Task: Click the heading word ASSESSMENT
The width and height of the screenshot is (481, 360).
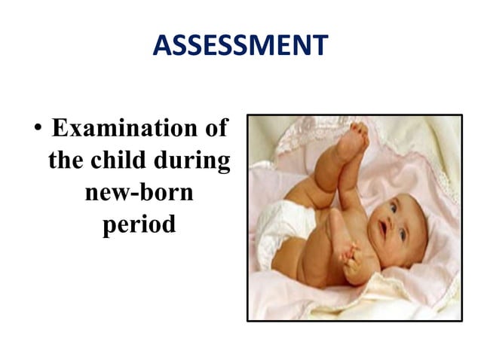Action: pyautogui.click(x=240, y=47)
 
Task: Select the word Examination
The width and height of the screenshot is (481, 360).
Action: pyautogui.click(x=120, y=128)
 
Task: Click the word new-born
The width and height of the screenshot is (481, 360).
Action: pyautogui.click(x=139, y=193)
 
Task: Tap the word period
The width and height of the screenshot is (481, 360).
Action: pyautogui.click(x=139, y=225)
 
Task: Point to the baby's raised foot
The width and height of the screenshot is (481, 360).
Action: pyautogui.click(x=351, y=143)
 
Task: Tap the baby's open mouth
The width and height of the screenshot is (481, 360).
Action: pyautogui.click(x=384, y=230)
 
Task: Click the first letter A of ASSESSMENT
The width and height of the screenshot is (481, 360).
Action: pyautogui.click(x=161, y=47)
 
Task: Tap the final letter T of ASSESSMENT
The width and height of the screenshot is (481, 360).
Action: pyautogui.click(x=320, y=47)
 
